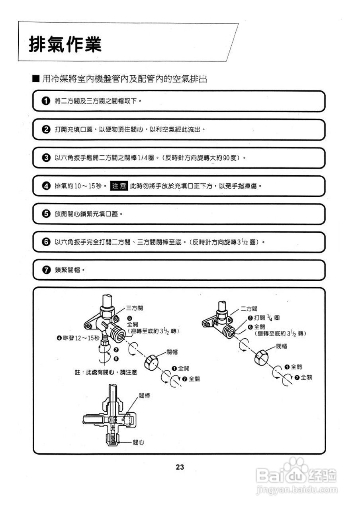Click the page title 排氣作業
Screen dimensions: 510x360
pyautogui.click(x=65, y=44)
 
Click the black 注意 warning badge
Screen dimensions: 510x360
pyautogui.click(x=119, y=186)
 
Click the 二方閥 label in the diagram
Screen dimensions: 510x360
pyautogui.click(x=249, y=308)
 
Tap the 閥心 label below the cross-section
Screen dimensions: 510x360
pyautogui.click(x=138, y=442)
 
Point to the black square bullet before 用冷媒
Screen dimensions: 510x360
pyautogui.click(x=36, y=78)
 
